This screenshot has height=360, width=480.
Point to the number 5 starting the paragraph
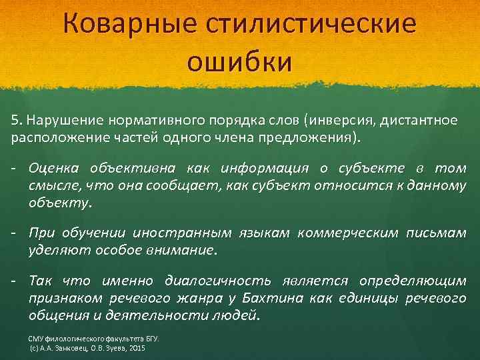click(14, 120)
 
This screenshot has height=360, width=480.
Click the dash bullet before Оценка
click(14, 168)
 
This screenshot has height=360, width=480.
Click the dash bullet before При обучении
click(14, 233)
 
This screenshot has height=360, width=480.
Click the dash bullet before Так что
click(14, 281)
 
